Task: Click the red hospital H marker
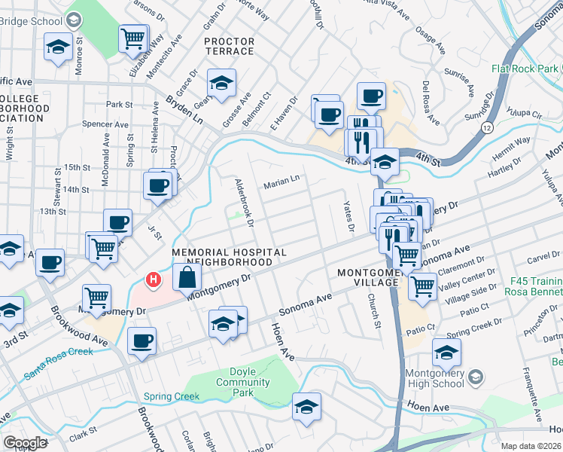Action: click(x=154, y=280)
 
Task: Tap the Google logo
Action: click(x=25, y=443)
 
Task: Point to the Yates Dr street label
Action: click(x=348, y=216)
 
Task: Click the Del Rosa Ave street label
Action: click(x=431, y=102)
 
